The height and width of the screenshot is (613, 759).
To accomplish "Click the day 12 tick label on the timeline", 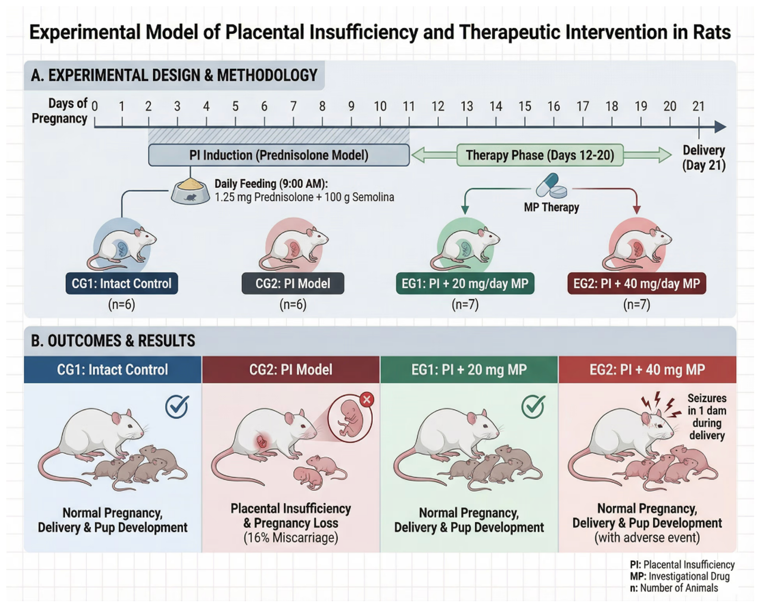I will pos(438,106).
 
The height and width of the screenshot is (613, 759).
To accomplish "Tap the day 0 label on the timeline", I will pos(95,106).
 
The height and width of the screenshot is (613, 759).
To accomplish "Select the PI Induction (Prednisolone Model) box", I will pos(279,155).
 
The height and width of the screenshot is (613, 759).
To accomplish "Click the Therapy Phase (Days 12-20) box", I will pos(540,155).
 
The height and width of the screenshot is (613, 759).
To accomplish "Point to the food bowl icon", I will pos(190,192).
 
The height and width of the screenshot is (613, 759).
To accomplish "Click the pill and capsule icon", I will pos(551,186).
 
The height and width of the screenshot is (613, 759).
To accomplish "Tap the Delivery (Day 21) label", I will pos(704,158).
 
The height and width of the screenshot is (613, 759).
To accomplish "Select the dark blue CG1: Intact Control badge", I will pos(122,283).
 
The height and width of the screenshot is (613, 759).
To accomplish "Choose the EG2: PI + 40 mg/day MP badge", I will pos(636,283).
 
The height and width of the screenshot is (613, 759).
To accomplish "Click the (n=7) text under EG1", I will pos(465,304).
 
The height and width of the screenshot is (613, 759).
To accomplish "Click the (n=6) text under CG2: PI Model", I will pos(293,304).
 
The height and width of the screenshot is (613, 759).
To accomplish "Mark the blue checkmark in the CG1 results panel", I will pos(177,406).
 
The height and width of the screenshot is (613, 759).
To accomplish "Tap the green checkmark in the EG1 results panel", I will pos(533,406).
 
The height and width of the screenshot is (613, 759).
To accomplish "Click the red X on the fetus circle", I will pos(367,400).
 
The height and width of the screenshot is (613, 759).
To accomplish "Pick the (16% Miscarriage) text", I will pos(291,538).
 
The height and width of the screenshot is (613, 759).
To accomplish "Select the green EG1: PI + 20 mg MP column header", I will pos(469,370).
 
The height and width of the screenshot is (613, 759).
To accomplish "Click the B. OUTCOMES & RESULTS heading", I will pos(113,341).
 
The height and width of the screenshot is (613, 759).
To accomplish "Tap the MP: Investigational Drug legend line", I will pos(680,576).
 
